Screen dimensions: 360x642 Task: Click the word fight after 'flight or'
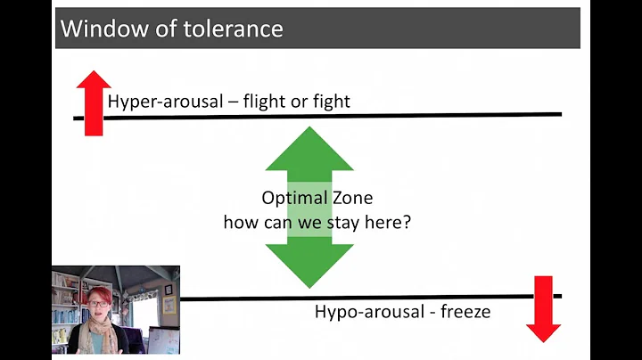pos(330,101)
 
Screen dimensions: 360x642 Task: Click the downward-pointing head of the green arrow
pos(309,266)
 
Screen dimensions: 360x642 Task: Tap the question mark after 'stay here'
pos(407,222)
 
